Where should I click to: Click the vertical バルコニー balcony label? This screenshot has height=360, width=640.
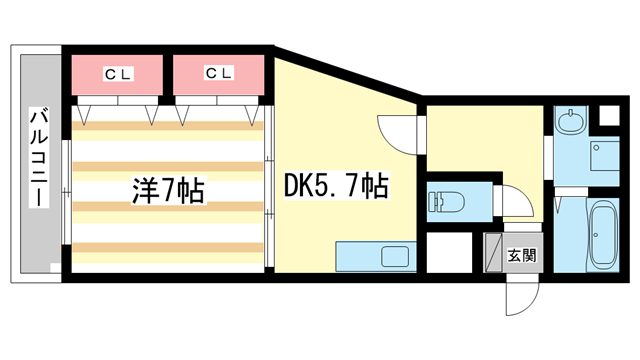tap(39, 157)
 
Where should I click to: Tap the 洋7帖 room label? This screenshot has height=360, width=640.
tap(167, 190)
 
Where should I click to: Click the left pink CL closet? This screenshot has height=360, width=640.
tap(117, 74)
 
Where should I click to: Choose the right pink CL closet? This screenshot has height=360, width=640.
tap(218, 74)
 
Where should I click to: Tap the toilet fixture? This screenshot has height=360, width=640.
tap(444, 201)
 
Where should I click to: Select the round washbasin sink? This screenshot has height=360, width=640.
tap(573, 123)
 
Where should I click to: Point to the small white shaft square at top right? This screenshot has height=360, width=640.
tap(607, 115)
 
